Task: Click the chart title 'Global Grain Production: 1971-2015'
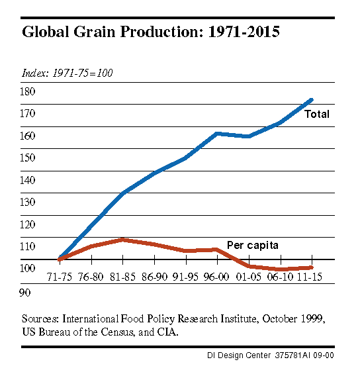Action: pyautogui.click(x=151, y=32)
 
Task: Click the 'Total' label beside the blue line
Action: pyautogui.click(x=316, y=115)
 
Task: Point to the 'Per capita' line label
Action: pyautogui.click(x=253, y=245)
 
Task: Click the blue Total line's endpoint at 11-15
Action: pyautogui.click(x=311, y=101)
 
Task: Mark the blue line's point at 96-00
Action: pyautogui.click(x=217, y=134)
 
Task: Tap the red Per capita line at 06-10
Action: pyautogui.click(x=280, y=269)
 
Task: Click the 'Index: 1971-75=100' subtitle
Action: pyautogui.click(x=67, y=72)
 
